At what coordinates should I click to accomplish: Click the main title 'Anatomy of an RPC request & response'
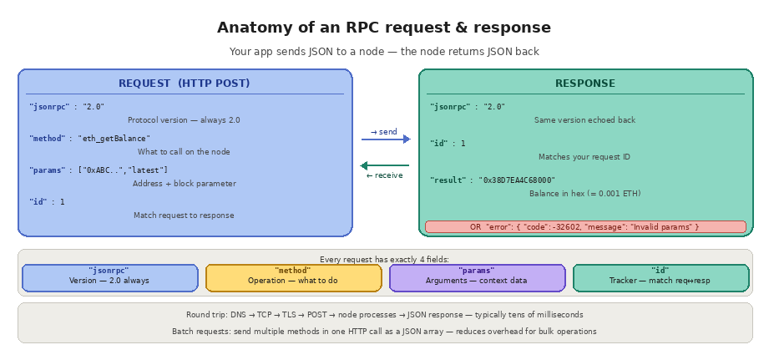pos(384,28)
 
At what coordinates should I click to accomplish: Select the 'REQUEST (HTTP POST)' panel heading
pos(184,84)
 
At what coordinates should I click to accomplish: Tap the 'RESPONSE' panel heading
pos(584,84)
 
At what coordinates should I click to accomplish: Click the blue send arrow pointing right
pos(385,139)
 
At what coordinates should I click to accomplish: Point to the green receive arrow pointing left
pos(385,165)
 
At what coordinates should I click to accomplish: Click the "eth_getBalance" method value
pos(114,139)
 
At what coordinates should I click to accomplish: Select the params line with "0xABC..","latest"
pos(123,170)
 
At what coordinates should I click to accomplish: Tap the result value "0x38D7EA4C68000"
pos(518,180)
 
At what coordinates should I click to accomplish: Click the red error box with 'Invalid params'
pos(584,227)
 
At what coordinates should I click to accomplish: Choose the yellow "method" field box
pos(293,277)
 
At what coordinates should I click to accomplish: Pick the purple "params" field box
pos(477,277)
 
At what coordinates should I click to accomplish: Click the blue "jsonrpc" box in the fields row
pos(109,277)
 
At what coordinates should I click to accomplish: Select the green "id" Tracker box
pos(660,277)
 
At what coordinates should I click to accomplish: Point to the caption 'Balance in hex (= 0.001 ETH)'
pos(584,194)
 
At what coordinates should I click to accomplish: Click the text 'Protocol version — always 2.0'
pos(184,120)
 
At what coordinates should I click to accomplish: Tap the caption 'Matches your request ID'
pos(584,157)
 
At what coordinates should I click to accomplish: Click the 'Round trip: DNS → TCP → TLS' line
pos(384,315)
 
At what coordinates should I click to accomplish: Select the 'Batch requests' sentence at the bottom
pos(384,332)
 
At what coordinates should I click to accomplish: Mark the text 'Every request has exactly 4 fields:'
pos(384,260)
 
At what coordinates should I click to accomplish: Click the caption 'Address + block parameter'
pos(184,184)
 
